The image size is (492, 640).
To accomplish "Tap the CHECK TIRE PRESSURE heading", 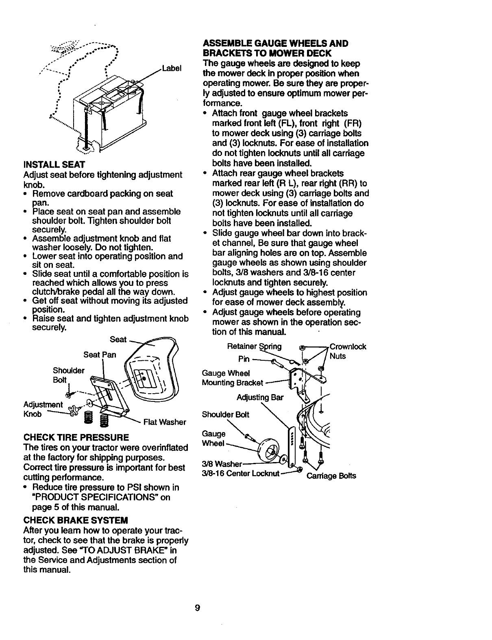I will (76, 438).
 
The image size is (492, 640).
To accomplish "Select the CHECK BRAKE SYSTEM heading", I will (76, 520).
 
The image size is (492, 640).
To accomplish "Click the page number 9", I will (197, 608).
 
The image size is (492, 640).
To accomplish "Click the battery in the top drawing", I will (110, 110).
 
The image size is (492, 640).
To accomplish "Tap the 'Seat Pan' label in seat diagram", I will (100, 355).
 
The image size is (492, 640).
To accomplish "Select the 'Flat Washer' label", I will (165, 422).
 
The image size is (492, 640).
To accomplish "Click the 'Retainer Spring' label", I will (254, 347).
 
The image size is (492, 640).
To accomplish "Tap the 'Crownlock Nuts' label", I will (348, 351).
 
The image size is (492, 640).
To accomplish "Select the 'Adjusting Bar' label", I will (260, 397).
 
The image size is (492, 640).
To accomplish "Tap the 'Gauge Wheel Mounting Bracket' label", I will (232, 378).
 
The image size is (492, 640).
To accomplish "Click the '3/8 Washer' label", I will (222, 464).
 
